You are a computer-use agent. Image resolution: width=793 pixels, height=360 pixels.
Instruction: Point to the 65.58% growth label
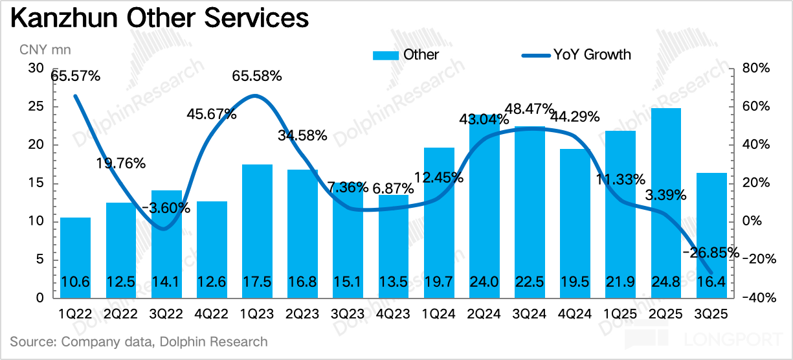(257, 76)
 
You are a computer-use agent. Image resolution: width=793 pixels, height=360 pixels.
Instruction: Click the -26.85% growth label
(710, 253)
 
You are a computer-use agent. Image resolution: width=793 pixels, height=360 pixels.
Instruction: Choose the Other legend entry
(406, 54)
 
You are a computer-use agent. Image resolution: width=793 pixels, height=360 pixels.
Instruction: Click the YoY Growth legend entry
(576, 54)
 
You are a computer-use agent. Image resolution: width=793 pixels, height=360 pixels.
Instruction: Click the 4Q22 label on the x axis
(212, 314)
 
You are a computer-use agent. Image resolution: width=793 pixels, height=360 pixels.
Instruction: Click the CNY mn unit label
(45, 49)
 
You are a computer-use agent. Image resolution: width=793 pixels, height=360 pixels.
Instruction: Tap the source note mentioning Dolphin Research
(139, 341)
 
